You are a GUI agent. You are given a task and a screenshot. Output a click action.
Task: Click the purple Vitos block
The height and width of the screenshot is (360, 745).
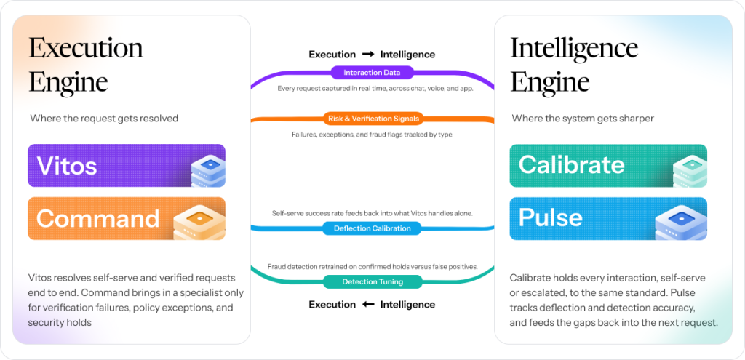[127, 166]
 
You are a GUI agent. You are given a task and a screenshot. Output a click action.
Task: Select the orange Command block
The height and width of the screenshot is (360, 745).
[127, 218]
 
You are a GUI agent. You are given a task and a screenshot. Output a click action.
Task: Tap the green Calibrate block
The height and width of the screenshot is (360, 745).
[608, 166]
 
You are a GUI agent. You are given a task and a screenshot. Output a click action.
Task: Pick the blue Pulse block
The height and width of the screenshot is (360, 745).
[608, 218]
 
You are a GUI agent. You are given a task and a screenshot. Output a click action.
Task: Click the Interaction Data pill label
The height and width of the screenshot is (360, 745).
[372, 73]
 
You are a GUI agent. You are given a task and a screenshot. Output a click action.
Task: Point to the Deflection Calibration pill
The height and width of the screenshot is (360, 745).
[372, 228]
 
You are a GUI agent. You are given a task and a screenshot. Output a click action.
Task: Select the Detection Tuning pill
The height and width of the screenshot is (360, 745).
[372, 282]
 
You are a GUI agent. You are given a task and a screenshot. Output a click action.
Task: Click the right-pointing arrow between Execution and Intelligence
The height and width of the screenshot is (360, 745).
[367, 55]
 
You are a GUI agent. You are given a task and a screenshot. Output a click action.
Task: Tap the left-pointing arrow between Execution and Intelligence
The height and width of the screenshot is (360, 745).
[367, 305]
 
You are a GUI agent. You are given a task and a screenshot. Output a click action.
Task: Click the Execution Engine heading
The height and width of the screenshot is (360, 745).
[86, 64]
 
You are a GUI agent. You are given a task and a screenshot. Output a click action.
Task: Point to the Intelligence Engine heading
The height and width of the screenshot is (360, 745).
[574, 64]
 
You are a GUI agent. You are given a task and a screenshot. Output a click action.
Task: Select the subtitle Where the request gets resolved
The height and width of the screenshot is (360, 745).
[104, 119]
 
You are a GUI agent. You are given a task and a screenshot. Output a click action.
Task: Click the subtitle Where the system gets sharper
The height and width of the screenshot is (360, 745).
[583, 119]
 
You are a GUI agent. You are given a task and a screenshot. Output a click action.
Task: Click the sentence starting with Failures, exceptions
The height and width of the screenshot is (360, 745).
[373, 135]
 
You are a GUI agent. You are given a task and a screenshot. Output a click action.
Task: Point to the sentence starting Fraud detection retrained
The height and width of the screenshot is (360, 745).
[372, 267]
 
